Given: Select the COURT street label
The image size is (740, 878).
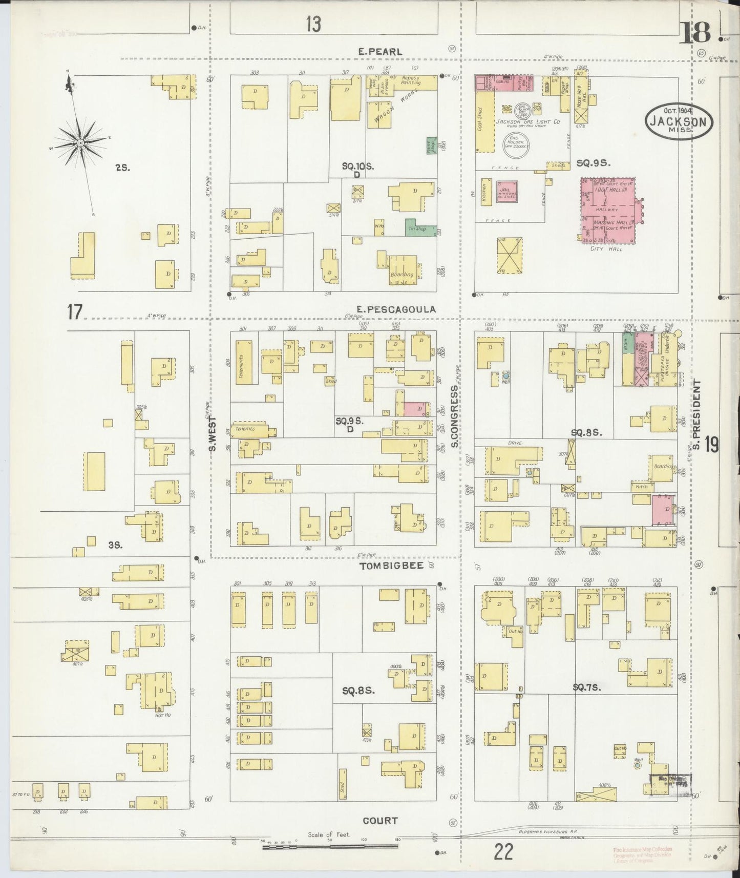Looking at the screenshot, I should click(380, 821).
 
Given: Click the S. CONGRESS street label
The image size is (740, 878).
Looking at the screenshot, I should click(454, 416).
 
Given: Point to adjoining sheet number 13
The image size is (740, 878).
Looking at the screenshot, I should click(313, 24).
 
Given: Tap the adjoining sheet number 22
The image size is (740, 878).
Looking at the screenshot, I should click(504, 853).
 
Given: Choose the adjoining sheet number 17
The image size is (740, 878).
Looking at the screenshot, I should click(75, 311).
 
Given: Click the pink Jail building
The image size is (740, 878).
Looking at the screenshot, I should click(507, 191).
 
